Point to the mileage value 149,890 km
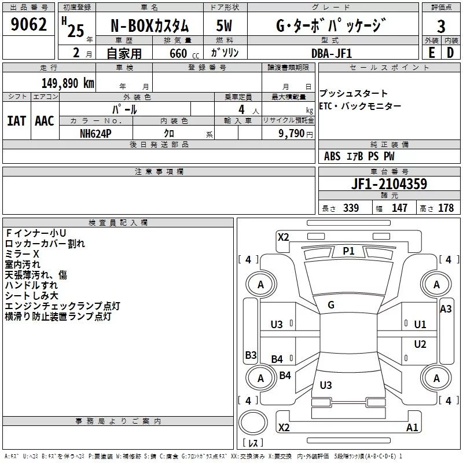tap(68, 83)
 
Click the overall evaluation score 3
tap(441, 26)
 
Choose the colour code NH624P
tap(95, 133)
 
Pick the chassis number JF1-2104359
tap(389, 184)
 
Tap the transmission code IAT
tap(16, 121)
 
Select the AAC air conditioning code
tap(45, 121)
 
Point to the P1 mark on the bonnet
tap(348, 251)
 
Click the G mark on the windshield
tap(331, 305)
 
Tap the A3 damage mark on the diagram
tap(446, 309)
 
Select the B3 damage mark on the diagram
tap(251, 355)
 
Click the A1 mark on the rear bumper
tap(412, 428)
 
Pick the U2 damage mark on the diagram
tap(420, 345)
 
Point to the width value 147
tap(399, 208)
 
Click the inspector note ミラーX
tap(22, 254)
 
